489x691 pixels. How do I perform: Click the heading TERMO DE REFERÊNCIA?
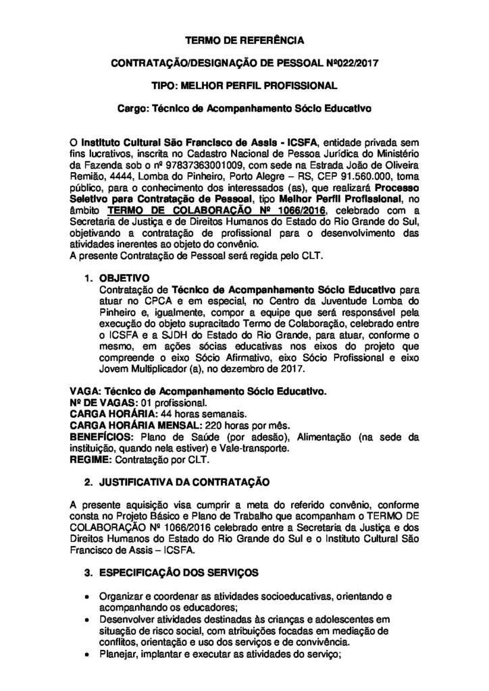[244, 41]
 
